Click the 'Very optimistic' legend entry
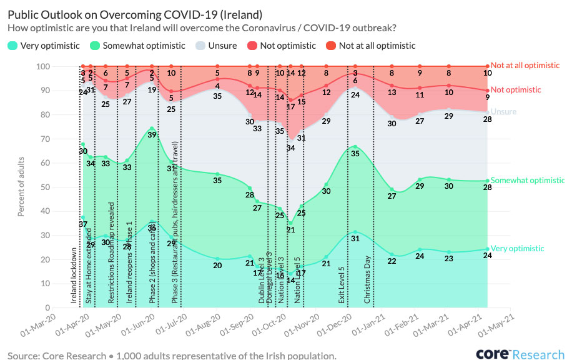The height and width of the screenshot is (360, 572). pyautogui.click(x=49, y=45)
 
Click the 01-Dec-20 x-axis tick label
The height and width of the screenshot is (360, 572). pyautogui.click(x=335, y=327)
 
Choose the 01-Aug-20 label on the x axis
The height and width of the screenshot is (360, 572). pyautogui.click(x=205, y=327)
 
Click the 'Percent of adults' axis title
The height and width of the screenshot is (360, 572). pyautogui.click(x=22, y=186)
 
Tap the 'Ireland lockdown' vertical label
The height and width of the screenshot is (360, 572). pyautogui.click(x=74, y=276)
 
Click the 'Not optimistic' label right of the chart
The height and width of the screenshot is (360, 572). pyautogui.click(x=516, y=90)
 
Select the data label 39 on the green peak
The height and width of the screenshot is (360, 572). pyautogui.click(x=152, y=135)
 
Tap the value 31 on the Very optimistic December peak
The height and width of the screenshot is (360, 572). pyautogui.click(x=355, y=239)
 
